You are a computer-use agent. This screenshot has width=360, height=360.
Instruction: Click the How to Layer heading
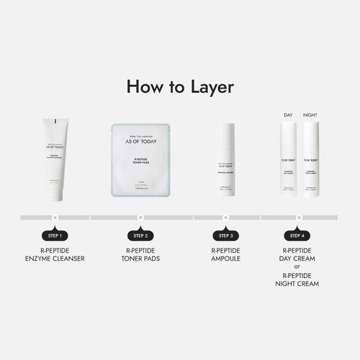[179, 86]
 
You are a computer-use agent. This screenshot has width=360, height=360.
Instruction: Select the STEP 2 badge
[141, 235]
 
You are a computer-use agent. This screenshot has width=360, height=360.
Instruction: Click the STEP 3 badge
[225, 235]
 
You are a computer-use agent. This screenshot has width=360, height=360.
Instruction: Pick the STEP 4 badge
[296, 235]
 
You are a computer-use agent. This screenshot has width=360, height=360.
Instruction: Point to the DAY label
[288, 115]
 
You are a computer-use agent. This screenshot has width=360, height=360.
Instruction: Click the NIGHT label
[310, 115]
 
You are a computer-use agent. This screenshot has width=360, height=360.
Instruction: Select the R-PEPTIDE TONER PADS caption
[141, 256]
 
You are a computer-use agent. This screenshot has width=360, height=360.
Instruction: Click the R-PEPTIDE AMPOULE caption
[225, 256]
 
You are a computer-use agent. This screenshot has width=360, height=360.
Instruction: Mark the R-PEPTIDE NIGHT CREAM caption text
[296, 280]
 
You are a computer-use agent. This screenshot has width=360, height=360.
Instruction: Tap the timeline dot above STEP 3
[225, 216]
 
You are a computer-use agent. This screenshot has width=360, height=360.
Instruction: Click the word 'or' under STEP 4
[296, 268]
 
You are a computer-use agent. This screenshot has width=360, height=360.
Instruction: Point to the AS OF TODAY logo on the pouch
[141, 141]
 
